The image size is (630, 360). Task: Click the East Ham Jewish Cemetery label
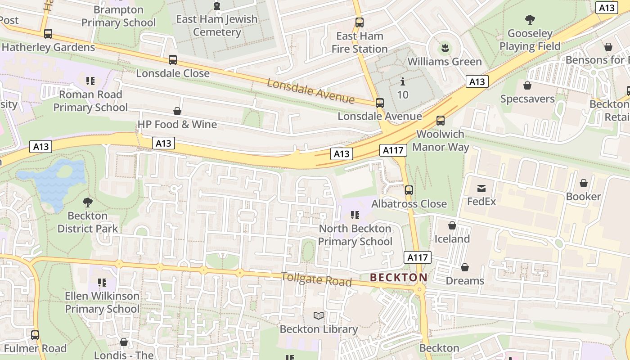coord(216,26)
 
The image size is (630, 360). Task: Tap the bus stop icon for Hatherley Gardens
coord(48,34)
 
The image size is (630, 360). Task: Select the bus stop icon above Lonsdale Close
coord(173,60)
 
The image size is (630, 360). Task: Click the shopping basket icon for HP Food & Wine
coord(177,111)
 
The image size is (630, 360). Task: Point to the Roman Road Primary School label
coord(90,101)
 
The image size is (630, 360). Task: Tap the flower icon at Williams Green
coord(445,48)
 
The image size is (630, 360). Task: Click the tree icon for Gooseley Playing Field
coord(530,20)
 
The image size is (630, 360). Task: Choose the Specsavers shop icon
coord(527,85)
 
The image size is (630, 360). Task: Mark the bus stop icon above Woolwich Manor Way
coord(441,121)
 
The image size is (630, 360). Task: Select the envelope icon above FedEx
coord(481,188)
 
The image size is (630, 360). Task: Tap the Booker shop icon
coord(584,183)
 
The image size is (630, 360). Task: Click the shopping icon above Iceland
coord(452,225)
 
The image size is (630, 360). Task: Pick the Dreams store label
coord(465,281)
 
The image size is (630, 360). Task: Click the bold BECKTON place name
coord(398,278)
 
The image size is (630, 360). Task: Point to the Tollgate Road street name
coord(316,279)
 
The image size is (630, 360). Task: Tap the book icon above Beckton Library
coord(319,316)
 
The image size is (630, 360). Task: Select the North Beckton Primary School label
coord(355,235)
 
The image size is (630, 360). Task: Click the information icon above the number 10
coord(403,82)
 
